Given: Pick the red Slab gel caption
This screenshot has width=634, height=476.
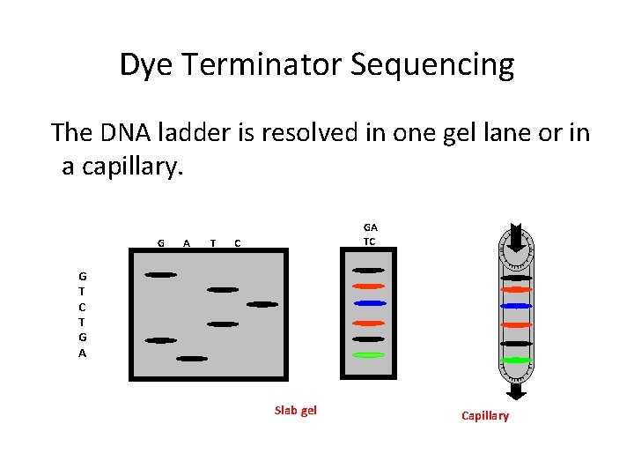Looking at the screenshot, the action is point(296,410).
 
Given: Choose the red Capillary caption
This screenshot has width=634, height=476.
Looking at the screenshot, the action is point(485,415).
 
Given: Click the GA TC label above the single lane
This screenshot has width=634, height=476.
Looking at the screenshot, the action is point(370,234).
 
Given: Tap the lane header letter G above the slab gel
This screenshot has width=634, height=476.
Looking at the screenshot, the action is point(160,242).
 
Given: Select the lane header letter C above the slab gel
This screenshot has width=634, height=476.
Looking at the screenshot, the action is point(237,242).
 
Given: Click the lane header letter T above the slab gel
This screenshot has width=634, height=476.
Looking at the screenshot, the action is point(212,242).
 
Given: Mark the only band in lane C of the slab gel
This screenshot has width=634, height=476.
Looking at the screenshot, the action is point(262,304).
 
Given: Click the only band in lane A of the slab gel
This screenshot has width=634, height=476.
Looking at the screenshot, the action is point(191,359).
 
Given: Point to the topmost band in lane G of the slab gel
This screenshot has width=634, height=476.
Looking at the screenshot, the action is point(160,275).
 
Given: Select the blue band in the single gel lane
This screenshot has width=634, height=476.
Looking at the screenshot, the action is point(369,303).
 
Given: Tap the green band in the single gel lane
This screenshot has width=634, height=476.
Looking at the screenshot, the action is point(369,354).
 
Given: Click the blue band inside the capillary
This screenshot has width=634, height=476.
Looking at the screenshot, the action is point(516,306).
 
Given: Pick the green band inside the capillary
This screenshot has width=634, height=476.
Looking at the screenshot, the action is point(516,360).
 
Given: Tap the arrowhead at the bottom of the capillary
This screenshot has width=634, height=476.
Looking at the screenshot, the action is point(516,392).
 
